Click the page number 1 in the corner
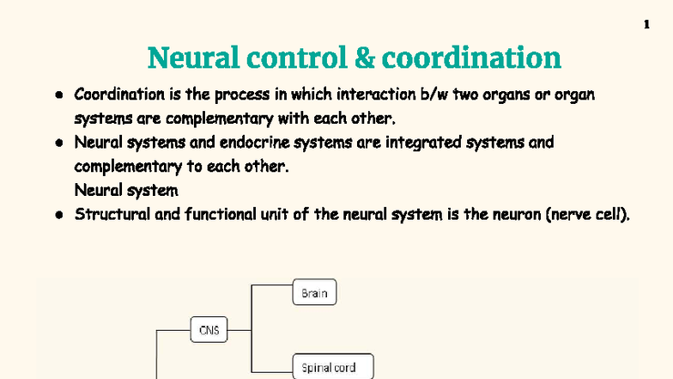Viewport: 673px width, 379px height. tap(646, 25)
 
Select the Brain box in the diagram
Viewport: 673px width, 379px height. tap(314, 293)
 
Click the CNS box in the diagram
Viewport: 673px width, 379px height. tap(209, 329)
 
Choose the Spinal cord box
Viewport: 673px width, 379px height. tap(324, 368)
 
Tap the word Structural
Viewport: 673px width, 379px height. tap(109, 214)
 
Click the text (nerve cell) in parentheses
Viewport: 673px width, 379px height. tap(588, 214)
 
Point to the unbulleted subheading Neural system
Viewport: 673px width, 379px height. tap(126, 190)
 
